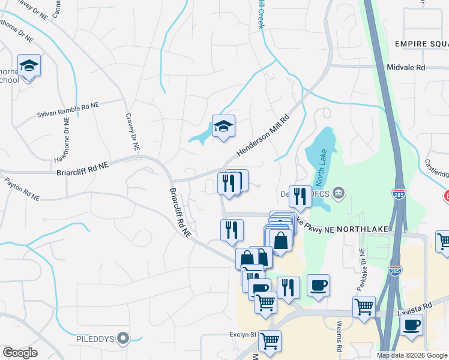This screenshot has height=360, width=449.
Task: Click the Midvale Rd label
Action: coord(406,68)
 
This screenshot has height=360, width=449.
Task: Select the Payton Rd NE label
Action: coord(22,188)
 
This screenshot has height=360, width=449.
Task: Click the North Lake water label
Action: coord(319,172)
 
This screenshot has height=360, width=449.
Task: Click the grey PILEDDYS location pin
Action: coord(123,339)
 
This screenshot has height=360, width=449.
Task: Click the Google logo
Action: coord(20,353)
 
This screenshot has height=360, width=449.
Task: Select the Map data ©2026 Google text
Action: coord(412,355)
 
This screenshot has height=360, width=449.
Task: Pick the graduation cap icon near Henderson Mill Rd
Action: coord(223,126)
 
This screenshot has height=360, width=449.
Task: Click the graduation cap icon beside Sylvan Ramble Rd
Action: coord(28,65)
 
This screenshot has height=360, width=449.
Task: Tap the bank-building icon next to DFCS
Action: coord(339,192)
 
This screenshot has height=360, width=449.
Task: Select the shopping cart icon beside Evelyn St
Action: coord(270,341)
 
